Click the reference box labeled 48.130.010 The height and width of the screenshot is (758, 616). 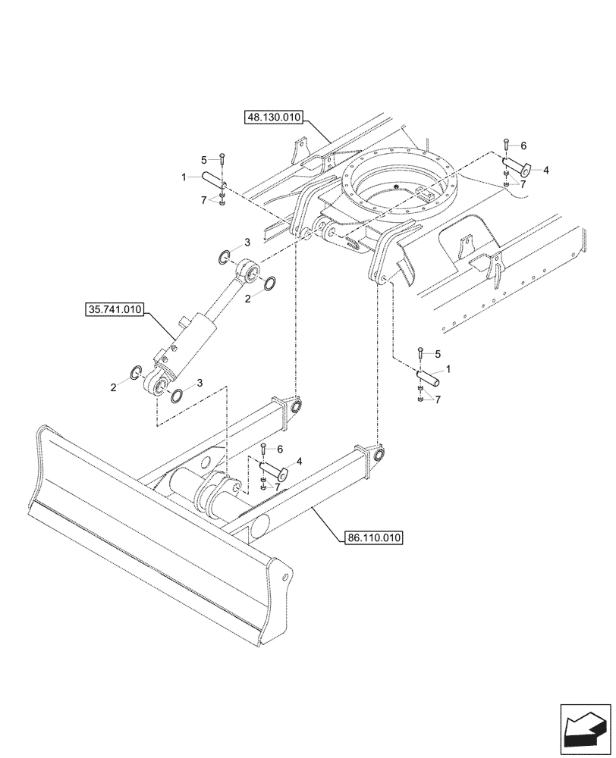coord(274,117)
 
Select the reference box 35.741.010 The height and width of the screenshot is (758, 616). coord(114,309)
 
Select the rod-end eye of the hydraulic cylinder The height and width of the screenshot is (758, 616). coord(248,271)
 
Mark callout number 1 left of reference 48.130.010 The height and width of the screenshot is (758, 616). coord(184,176)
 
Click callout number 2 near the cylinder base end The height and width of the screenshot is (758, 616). coord(114,387)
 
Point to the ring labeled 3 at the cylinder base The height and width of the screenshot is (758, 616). coord(176,395)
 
